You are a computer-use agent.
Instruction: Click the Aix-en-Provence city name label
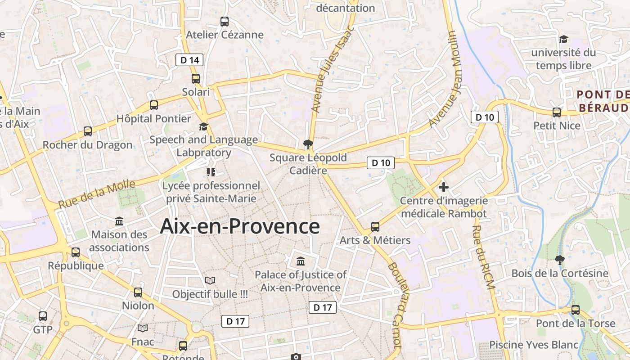click(x=240, y=226)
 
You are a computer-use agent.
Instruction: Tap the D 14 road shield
click(x=189, y=60)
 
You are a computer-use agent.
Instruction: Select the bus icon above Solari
click(x=196, y=79)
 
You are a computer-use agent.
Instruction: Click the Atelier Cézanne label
click(x=225, y=35)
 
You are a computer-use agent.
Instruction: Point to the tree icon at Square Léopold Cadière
click(x=308, y=144)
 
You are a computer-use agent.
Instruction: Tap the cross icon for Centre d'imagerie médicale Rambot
click(x=444, y=187)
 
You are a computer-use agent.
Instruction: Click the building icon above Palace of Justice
click(x=301, y=261)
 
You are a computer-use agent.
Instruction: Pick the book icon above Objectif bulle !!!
click(x=210, y=281)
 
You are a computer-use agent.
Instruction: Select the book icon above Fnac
click(x=143, y=328)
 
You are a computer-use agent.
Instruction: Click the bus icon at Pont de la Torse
click(x=576, y=310)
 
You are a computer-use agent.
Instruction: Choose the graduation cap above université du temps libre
click(x=563, y=40)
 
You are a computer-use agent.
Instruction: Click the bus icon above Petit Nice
click(x=557, y=112)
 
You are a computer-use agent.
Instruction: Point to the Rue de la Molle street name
click(x=97, y=194)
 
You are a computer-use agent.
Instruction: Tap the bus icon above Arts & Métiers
click(x=375, y=226)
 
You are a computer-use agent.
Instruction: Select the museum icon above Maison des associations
click(x=120, y=221)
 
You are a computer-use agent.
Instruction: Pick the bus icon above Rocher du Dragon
click(x=88, y=132)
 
